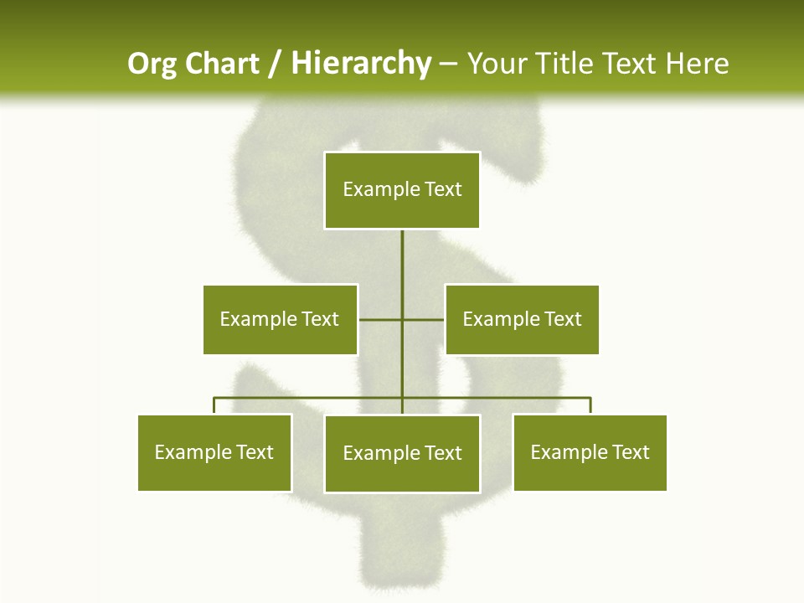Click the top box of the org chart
(x=402, y=190)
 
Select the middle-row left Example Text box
(x=280, y=319)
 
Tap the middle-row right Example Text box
(x=522, y=319)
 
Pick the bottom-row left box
(x=214, y=452)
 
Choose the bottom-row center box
(x=402, y=453)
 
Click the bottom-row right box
(x=590, y=452)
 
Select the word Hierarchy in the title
(x=361, y=64)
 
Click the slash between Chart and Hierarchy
(x=275, y=64)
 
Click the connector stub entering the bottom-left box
(x=214, y=406)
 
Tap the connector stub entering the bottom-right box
(x=590, y=406)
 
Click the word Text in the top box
(x=443, y=189)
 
